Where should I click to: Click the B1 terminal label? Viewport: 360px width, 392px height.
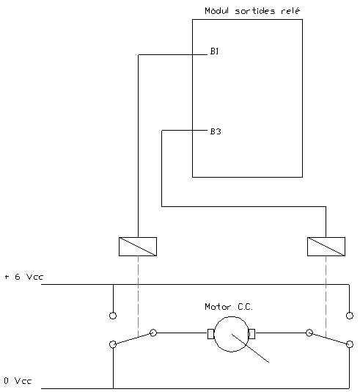click(x=214, y=51)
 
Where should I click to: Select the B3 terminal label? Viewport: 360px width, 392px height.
click(x=216, y=131)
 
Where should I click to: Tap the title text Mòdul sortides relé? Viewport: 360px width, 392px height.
click(x=252, y=11)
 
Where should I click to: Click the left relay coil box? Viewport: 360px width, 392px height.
click(x=138, y=247)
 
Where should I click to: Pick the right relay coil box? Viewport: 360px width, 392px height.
click(x=326, y=247)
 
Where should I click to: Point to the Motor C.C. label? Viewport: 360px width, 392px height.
click(x=229, y=307)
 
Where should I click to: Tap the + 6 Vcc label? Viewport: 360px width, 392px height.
click(x=24, y=277)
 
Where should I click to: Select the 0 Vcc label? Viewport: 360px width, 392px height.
click(x=18, y=381)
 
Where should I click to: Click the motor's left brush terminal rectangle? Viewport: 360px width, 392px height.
click(x=211, y=334)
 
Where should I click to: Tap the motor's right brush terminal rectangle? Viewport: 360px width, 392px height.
click(x=251, y=334)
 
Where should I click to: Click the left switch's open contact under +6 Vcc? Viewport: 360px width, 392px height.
click(x=113, y=316)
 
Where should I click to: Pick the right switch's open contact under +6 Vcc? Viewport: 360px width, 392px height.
click(x=350, y=316)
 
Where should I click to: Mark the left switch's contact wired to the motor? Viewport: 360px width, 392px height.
click(x=153, y=333)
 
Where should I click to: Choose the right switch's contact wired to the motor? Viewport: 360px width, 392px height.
click(x=309, y=333)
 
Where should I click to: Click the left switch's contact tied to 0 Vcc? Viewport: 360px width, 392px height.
click(x=113, y=344)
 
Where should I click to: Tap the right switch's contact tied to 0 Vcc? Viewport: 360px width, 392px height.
click(x=350, y=344)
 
